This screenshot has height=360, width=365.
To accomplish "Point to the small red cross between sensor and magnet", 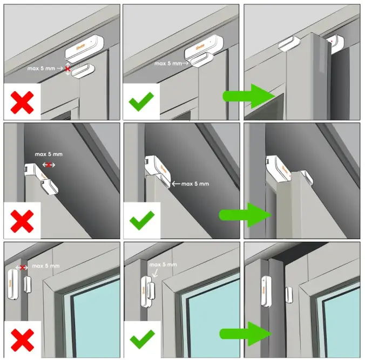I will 67,69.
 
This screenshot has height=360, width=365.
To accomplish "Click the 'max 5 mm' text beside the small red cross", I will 43,69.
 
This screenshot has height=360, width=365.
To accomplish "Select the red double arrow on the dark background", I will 49,164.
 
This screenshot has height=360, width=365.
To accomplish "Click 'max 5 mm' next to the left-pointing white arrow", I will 195,184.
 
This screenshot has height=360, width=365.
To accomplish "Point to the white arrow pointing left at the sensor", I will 175,184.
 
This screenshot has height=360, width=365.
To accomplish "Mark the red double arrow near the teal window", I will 23,267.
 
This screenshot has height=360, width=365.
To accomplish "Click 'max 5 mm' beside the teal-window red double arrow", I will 45,266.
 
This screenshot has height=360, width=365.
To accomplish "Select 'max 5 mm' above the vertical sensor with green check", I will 163,264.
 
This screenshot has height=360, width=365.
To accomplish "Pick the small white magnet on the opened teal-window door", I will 288,294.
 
